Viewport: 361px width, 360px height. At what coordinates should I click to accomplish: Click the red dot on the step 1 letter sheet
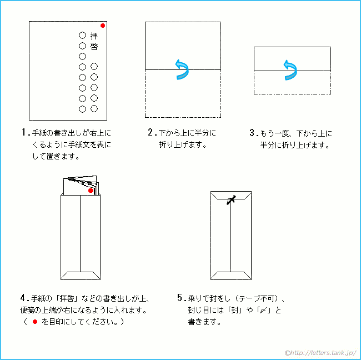coord(103,26)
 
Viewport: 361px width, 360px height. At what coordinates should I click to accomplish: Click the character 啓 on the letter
coord(94,46)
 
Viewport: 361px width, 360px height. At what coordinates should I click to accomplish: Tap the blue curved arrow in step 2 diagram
coord(182,68)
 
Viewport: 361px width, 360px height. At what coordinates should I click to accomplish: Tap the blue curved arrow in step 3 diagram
coord(290,69)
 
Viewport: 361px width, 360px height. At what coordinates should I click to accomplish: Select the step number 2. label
coord(152,133)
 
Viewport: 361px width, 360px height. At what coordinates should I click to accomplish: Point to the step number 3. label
coord(253,133)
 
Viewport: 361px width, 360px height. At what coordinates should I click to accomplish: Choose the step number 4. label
coord(24,298)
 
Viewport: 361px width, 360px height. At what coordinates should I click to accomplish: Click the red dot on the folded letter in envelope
coord(91,191)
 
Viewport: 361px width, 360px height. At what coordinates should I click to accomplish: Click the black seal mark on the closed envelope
coord(230,200)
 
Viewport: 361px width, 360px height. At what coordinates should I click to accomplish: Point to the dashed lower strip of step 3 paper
coord(292,82)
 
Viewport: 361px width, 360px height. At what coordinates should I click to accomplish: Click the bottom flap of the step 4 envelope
coord(81,275)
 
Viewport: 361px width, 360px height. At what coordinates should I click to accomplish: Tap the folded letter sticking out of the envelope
coord(81,186)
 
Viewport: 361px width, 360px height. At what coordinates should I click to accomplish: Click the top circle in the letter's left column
coord(82,35)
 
